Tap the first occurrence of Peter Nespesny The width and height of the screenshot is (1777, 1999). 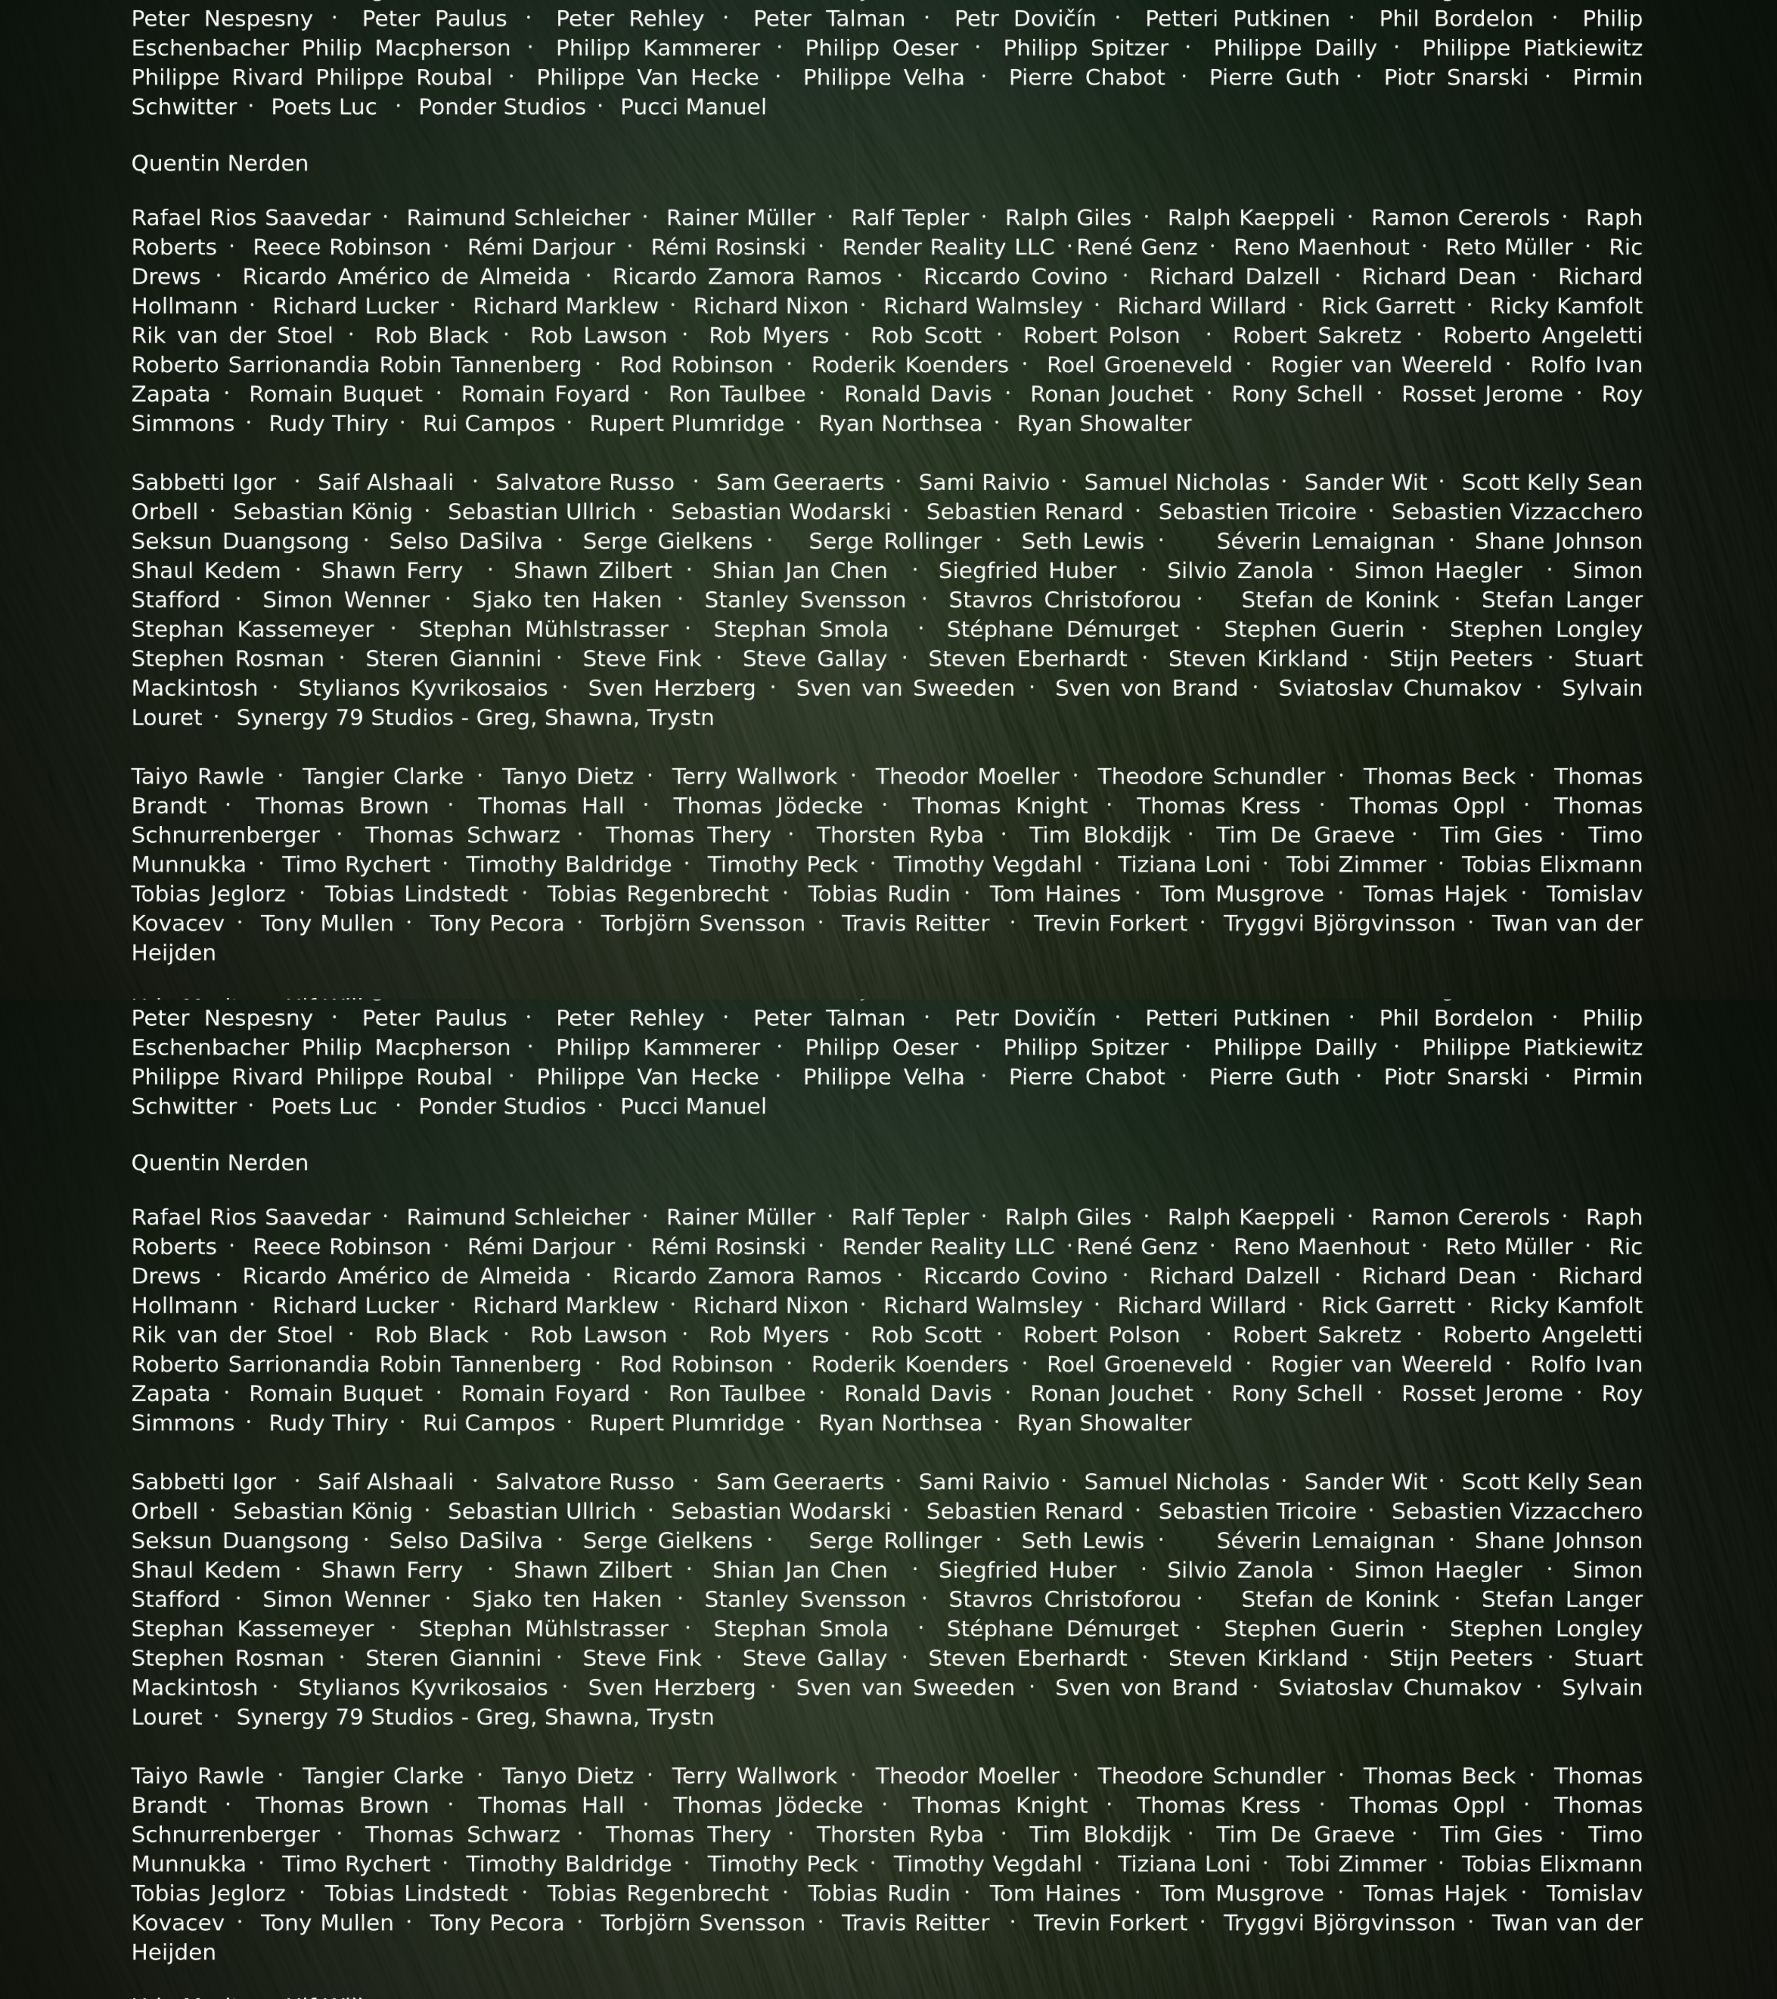click(x=222, y=19)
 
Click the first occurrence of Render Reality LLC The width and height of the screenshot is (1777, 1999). click(x=948, y=247)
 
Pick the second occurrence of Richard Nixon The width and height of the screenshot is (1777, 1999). click(x=771, y=1306)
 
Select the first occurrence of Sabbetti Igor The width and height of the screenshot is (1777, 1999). click(x=203, y=482)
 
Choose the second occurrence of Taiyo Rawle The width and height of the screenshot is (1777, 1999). click(x=198, y=1776)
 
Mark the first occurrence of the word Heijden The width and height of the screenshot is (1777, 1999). click(x=173, y=952)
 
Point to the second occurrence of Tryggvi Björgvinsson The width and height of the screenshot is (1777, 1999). click(x=1339, y=1923)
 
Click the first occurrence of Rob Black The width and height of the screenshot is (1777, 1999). click(x=431, y=335)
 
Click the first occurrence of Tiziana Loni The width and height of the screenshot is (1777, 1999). click(x=1183, y=864)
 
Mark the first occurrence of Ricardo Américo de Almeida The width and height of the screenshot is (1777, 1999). click(x=406, y=277)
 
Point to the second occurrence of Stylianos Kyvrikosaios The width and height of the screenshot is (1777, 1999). click(x=422, y=1688)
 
